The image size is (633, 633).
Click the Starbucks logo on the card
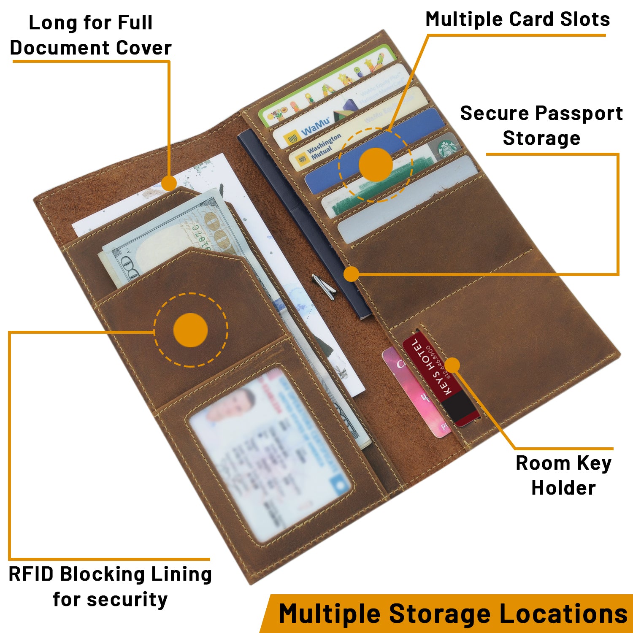pos(446,148)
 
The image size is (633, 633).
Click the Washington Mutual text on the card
pos(323,146)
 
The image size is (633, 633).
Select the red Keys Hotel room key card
pos(439,376)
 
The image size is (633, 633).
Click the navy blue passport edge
pos(295,211)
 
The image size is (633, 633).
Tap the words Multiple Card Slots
pos(517,19)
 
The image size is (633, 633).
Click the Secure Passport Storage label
pos(541,125)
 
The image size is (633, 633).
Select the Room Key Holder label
pos(563,476)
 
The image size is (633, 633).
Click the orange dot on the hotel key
pos(452,365)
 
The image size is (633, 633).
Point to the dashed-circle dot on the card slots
pos(376,165)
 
